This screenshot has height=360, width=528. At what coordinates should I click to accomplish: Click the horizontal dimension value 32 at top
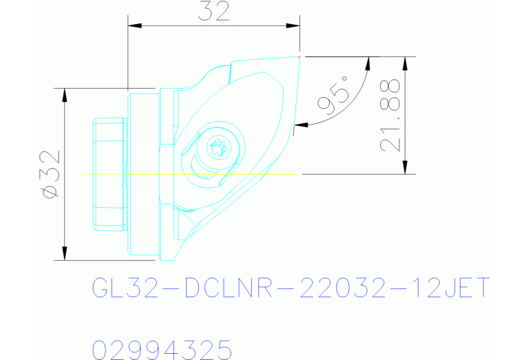tap(214, 12)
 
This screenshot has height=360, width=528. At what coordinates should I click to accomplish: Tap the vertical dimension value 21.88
tap(390, 115)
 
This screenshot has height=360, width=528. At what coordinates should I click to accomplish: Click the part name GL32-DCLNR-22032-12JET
tap(291, 288)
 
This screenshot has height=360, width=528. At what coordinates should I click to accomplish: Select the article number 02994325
tap(162, 349)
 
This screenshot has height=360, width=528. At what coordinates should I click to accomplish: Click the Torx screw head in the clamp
tap(218, 146)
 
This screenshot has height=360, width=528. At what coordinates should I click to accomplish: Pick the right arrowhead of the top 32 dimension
tap(294, 26)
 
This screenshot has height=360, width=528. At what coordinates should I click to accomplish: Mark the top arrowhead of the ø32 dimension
tap(64, 94)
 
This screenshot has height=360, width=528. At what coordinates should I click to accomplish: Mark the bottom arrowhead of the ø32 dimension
tap(64, 254)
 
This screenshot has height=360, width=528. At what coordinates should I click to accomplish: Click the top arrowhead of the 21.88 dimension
tap(405, 63)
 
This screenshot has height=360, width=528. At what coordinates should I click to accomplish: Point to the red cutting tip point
tap(302, 56)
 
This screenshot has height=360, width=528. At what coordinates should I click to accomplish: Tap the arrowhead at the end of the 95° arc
tap(299, 125)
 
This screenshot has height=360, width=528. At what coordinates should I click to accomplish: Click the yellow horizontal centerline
tap(138, 174)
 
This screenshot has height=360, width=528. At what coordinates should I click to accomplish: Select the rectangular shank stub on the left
tap(109, 174)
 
